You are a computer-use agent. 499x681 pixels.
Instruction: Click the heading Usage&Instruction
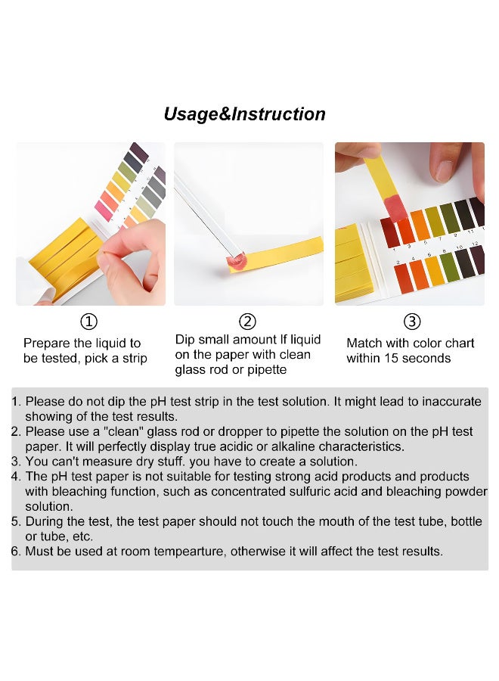point(244,114)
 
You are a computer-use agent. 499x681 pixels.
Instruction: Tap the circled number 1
point(89,322)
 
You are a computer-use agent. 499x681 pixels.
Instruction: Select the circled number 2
point(247,322)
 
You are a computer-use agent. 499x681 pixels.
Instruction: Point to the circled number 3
point(412,322)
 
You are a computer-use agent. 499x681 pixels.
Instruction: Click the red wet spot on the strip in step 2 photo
point(237,261)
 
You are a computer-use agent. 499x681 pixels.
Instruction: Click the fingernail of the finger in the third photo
point(444,171)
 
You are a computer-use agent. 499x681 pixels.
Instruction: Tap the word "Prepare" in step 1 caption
point(47,344)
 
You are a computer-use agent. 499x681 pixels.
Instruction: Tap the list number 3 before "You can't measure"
point(16,462)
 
